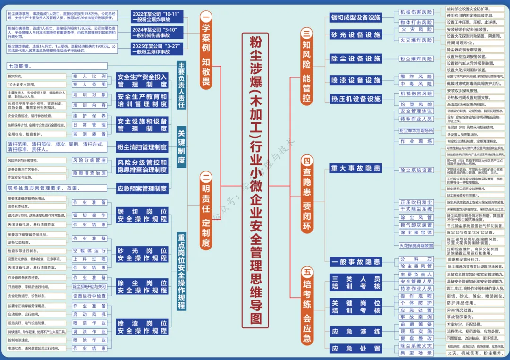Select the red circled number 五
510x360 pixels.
click(x=307, y=273)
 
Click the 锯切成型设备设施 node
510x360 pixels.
click(x=356, y=17)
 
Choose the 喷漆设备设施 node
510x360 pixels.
click(x=356, y=80)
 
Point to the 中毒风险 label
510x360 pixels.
click(x=416, y=84)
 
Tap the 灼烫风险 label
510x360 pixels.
click(x=416, y=104)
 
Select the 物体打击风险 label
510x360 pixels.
click(x=416, y=22)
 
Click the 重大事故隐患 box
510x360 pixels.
click(x=356, y=169)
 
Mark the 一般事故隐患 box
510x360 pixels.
click(x=356, y=262)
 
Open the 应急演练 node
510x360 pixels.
click(x=356, y=332)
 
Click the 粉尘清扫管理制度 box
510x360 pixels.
click(x=142, y=147)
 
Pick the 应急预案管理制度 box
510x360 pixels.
click(x=142, y=188)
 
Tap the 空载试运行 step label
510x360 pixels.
click(x=89, y=250)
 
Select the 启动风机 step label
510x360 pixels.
click(x=89, y=314)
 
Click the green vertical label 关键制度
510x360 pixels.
click(x=182, y=147)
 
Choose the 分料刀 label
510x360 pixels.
click(x=416, y=259)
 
